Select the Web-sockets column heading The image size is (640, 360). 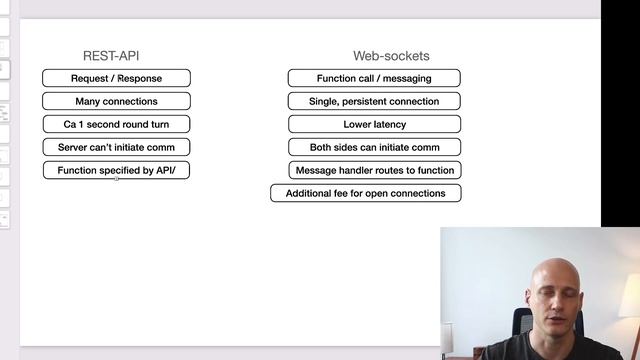tap(391, 56)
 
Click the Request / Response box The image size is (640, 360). tap(116, 78)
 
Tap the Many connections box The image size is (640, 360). tap(116, 101)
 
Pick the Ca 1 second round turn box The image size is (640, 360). tap(116, 124)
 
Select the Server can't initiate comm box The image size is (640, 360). tap(116, 147)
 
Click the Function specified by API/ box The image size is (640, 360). tap(116, 170)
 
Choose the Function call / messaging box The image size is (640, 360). tap(374, 78)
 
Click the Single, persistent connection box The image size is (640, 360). tap(374, 101)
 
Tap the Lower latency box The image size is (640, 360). tap(374, 124)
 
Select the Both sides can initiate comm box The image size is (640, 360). tap(374, 147)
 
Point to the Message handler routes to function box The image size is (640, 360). tap(374, 170)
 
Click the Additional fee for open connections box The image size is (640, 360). tap(366, 193)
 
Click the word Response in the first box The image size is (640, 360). tap(139, 78)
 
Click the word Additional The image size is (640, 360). tap(309, 193)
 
